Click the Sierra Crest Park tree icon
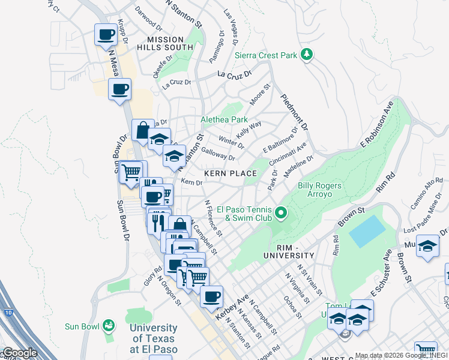click(307, 55)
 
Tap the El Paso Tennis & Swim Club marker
click(280, 212)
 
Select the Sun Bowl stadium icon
click(109, 326)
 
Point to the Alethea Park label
click(224, 119)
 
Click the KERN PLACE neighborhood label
click(231, 173)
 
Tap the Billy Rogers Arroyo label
click(319, 190)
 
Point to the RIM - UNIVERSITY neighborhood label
click(288, 251)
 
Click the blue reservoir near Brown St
click(367, 231)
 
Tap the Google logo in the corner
click(19, 353)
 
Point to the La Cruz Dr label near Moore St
click(234, 75)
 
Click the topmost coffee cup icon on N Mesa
click(106, 34)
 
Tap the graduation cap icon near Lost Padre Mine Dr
click(427, 247)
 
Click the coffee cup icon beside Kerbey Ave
click(211, 296)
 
